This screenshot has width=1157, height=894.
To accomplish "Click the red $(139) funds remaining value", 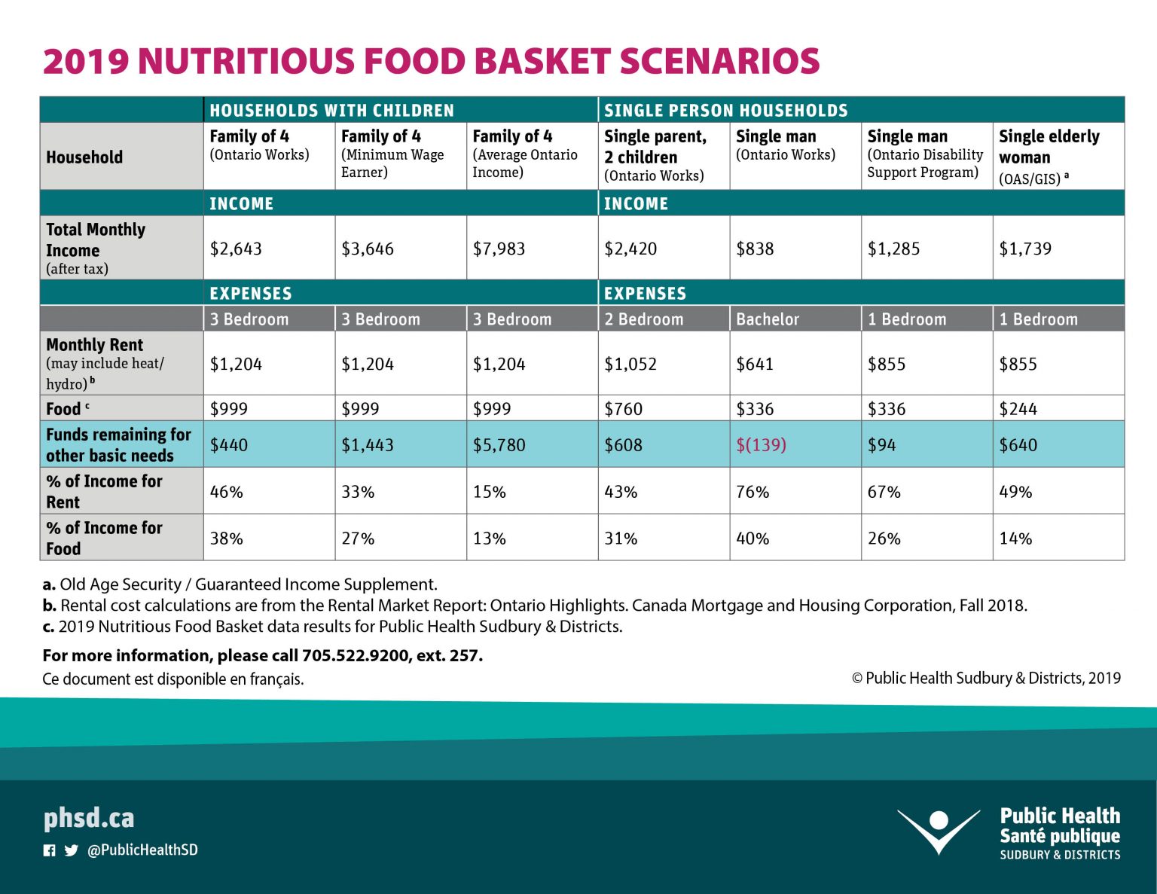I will point(761,445).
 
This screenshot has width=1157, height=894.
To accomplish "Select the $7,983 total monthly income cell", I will point(499,249).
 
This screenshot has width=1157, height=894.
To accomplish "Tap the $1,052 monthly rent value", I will point(630,365).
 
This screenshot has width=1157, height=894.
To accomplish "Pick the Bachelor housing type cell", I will point(768,319).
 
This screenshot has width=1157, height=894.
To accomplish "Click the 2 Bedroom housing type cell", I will point(643,319).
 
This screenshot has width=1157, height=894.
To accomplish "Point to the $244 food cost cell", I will point(1018,409).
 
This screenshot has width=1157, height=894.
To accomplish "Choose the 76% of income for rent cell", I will point(753,492).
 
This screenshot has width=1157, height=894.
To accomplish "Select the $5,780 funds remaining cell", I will point(499,445).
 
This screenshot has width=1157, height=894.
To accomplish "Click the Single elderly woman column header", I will point(1049,147).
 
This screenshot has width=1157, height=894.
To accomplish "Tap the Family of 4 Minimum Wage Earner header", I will point(392,154).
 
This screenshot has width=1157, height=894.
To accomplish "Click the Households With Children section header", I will point(331,111).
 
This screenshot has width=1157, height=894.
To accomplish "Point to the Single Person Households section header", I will point(725,111).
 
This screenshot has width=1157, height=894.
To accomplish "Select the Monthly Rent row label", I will point(94,345).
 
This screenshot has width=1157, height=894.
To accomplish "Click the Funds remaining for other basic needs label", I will point(118,445).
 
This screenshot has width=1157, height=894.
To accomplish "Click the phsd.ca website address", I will point(89,818).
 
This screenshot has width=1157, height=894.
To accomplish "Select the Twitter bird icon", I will point(72,850).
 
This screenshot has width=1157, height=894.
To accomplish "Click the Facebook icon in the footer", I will point(50,850).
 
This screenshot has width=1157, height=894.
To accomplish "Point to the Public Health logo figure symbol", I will point(939,830).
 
